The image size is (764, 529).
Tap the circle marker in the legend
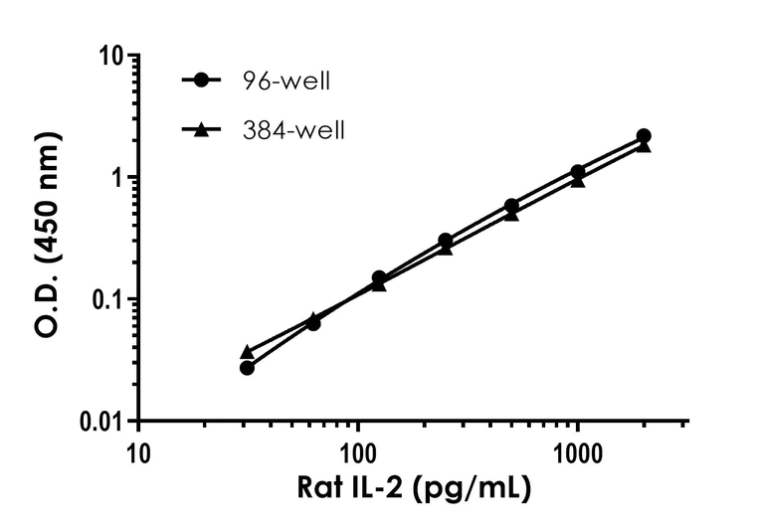(203, 81)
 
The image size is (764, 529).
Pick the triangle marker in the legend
(203, 128)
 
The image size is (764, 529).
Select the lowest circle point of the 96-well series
(248, 368)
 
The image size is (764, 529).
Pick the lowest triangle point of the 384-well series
(248, 352)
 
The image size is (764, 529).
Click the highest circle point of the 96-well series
(644, 135)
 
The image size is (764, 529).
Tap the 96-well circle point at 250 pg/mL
(446, 241)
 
